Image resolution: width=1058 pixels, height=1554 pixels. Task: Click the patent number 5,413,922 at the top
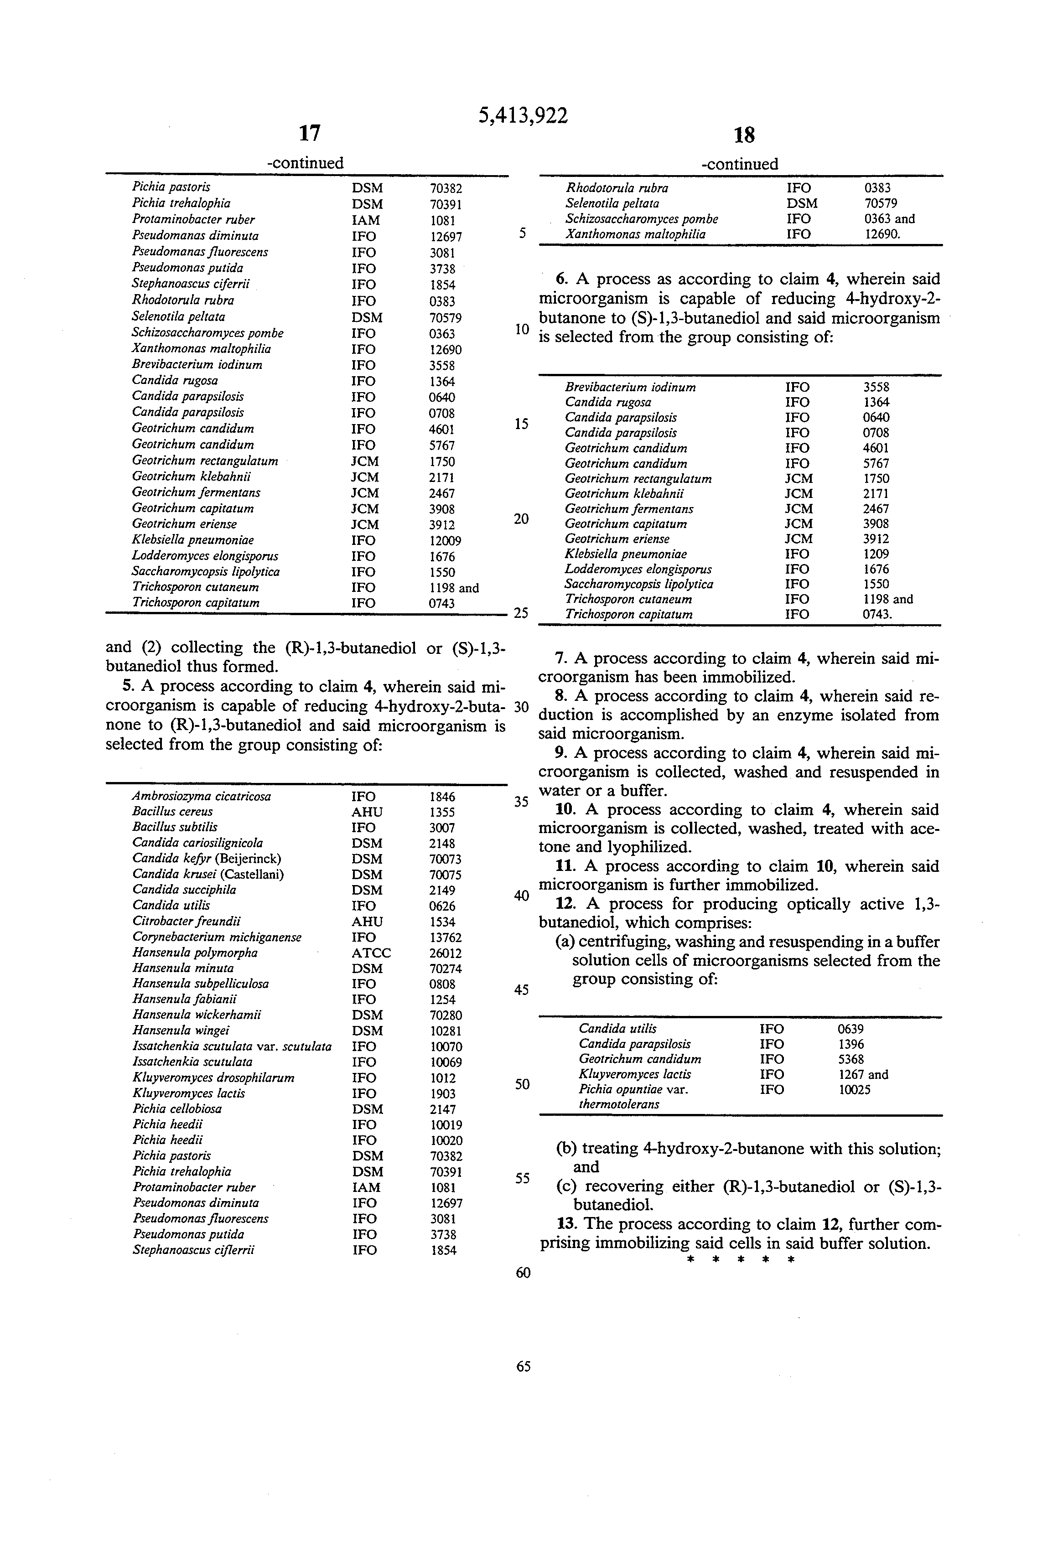click(x=523, y=116)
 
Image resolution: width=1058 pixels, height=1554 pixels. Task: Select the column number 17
click(x=309, y=134)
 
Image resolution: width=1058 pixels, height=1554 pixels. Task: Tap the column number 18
click(x=744, y=136)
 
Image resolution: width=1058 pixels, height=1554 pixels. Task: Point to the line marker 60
click(x=523, y=1273)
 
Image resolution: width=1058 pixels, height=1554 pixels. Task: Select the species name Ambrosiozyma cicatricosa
click(x=201, y=797)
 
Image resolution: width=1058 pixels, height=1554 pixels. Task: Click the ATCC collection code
click(x=371, y=953)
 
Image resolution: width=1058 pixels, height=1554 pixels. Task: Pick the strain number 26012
click(x=446, y=953)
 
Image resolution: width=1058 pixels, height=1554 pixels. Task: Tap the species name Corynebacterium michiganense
click(x=217, y=938)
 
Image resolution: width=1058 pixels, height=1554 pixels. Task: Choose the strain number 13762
click(x=446, y=938)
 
